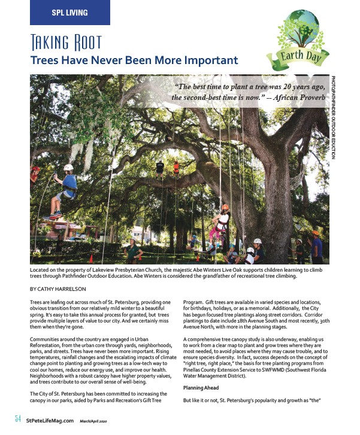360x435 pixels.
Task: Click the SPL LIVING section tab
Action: click(69, 12)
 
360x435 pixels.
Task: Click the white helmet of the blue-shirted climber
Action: click(68, 168)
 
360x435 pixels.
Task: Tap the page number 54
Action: click(17, 418)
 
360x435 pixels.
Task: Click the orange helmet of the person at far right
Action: click(315, 233)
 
